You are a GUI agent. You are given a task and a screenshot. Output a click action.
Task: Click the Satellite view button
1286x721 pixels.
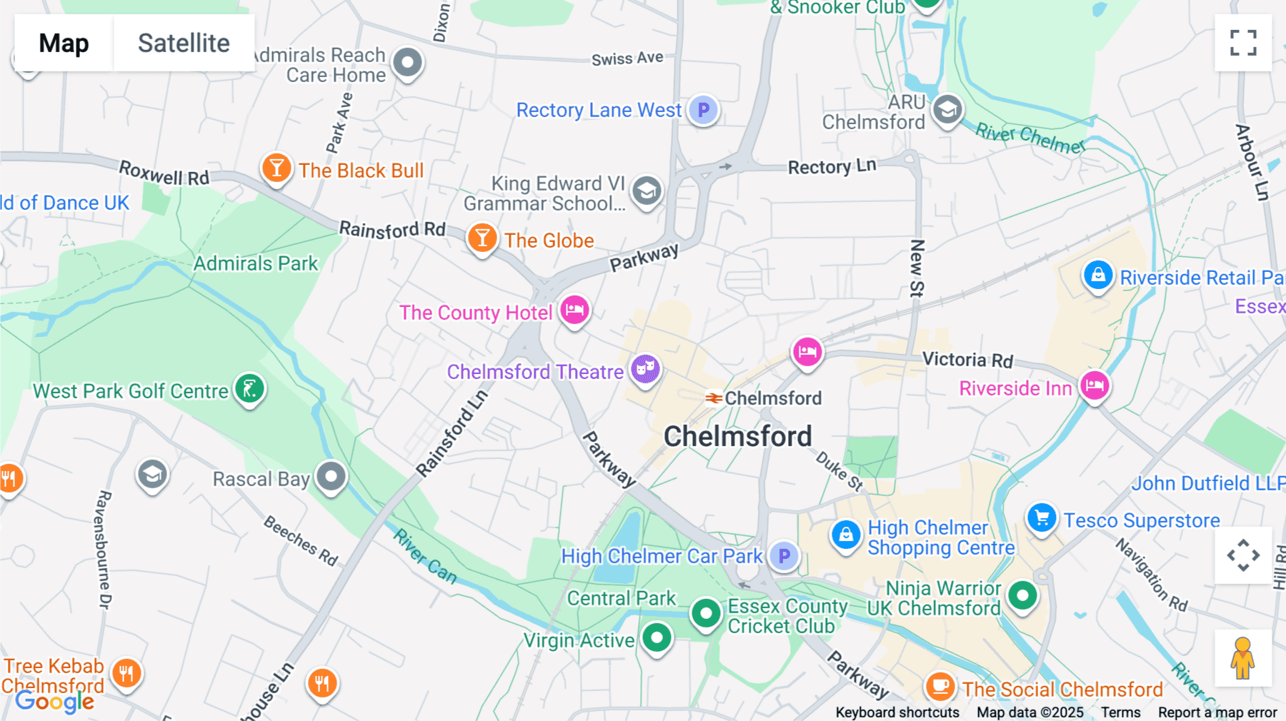184,43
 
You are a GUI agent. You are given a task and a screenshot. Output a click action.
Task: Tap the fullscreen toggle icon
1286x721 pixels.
1243,43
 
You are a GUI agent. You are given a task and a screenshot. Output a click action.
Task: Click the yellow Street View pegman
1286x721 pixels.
1242,658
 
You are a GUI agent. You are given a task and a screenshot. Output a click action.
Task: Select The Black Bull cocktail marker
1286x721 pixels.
276,169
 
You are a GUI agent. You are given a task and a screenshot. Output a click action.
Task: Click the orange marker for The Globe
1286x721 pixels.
482,238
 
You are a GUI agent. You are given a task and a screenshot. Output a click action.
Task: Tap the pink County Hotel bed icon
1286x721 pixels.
574,311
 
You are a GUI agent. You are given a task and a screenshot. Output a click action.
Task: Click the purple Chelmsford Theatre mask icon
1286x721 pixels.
646,369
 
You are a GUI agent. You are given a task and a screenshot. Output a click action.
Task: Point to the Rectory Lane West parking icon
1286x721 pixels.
704,110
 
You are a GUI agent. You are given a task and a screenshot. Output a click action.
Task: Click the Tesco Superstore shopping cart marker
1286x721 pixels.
1042,518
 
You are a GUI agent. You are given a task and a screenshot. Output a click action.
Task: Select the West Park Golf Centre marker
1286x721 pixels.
250,389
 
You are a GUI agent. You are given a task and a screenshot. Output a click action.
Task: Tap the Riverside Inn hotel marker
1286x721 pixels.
1095,386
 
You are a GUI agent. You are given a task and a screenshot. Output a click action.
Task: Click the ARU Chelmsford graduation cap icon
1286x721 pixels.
947,111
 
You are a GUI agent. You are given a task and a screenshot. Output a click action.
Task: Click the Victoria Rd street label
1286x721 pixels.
967,360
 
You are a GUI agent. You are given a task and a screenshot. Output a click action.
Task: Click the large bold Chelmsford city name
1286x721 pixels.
737,436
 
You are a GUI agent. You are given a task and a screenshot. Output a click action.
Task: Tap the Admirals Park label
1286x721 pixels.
255,263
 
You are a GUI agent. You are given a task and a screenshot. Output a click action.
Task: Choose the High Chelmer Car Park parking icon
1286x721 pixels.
784,555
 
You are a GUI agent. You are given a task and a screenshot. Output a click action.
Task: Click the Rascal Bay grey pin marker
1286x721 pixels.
332,476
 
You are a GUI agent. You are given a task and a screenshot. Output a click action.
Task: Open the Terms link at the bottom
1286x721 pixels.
1120,712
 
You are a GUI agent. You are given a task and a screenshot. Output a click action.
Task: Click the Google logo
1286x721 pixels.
55,702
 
